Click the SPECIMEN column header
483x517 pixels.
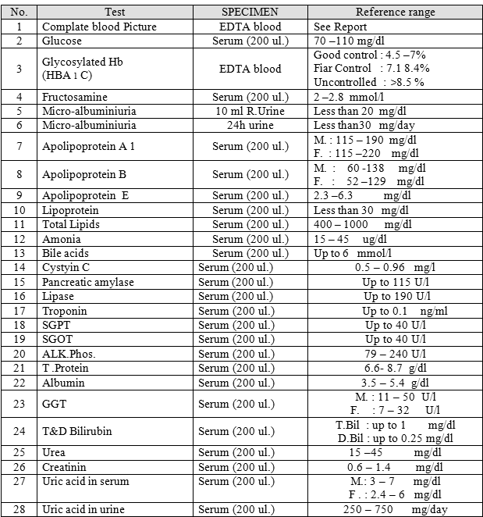[250, 12]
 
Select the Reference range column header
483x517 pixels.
[396, 12]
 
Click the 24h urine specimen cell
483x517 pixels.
[250, 124]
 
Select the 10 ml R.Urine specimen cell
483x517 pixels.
[250, 111]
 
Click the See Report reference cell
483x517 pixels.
[340, 26]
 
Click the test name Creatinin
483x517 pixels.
[68, 466]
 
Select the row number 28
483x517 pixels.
[20, 509]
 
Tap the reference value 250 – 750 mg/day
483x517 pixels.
[396, 509]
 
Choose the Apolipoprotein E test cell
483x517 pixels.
[86, 196]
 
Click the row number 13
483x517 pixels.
[20, 253]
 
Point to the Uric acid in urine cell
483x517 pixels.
[83, 509]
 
